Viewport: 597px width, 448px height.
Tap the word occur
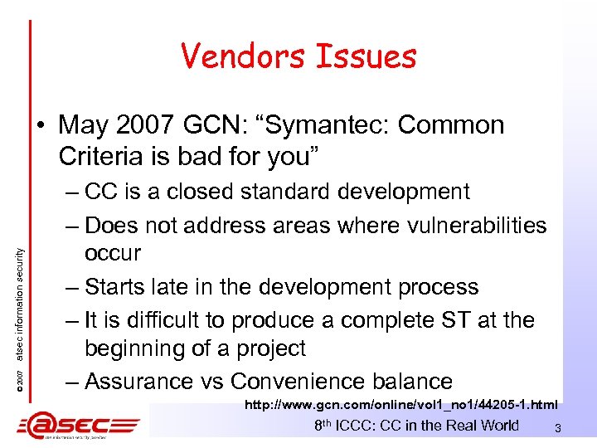112,253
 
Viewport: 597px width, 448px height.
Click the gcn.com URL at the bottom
400,405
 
